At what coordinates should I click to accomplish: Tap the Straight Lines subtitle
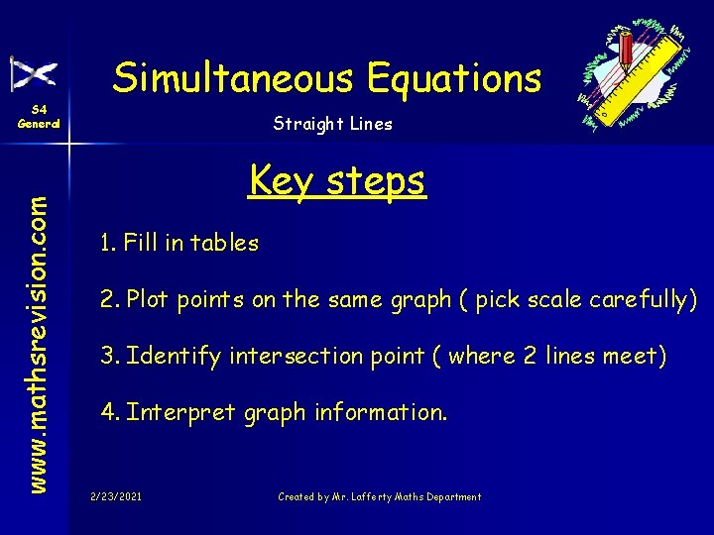332,124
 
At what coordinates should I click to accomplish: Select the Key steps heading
337,180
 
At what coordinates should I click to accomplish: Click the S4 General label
39,117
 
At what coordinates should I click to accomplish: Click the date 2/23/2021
115,496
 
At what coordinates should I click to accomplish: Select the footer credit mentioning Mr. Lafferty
379,496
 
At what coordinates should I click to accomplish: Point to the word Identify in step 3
174,356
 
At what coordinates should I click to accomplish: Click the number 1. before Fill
108,243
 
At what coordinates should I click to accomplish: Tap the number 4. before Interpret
110,412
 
